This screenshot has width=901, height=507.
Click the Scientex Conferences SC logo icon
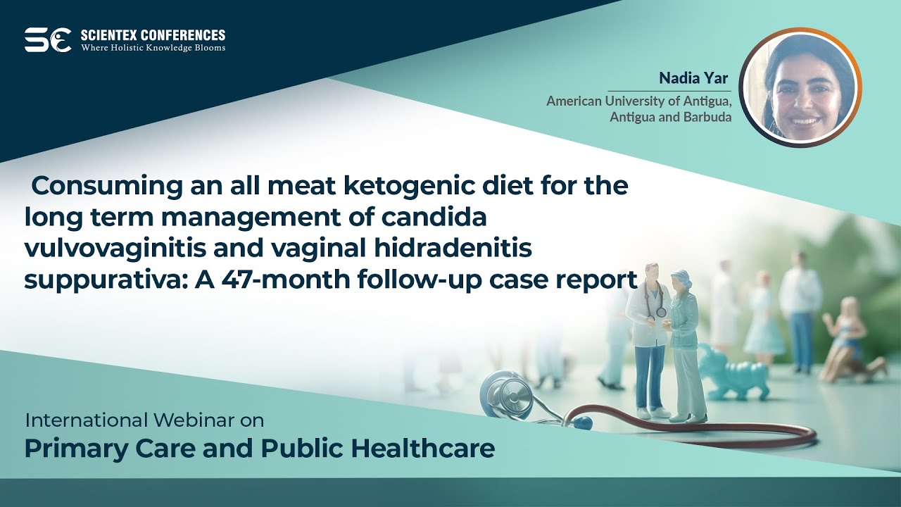pos(47,40)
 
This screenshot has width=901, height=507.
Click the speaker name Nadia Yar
pos(693,78)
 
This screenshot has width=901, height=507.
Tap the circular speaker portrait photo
pos(800,88)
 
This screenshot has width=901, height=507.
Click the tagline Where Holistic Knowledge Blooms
pos(153,48)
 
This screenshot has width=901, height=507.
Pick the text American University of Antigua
pos(638,101)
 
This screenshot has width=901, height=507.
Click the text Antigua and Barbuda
pos(670,117)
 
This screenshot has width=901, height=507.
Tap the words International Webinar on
pos(144,421)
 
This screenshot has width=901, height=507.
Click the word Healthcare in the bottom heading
pos(420,449)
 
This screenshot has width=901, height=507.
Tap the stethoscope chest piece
pos(508,395)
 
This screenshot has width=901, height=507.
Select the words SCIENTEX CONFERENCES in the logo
pos(153,35)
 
